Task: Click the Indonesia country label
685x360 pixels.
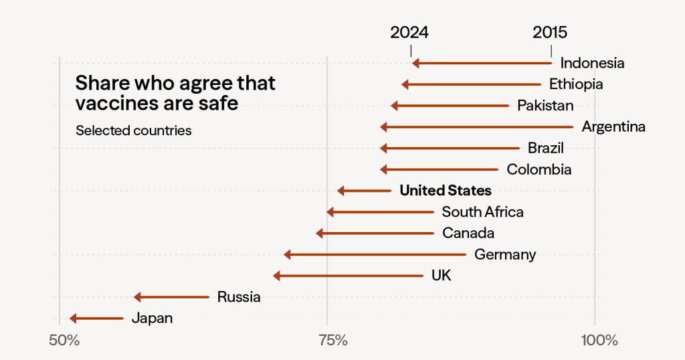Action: (x=592, y=64)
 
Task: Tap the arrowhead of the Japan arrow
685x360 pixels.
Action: (x=73, y=319)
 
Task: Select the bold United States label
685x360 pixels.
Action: (x=446, y=191)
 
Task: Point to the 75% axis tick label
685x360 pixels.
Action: (x=332, y=340)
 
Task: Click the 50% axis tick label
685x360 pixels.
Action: (x=64, y=340)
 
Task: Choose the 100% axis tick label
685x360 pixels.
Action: (x=599, y=340)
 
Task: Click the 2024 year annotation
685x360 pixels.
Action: (x=409, y=32)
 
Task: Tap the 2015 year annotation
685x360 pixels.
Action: (x=550, y=32)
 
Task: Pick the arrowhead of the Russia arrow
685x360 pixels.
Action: (x=137, y=297)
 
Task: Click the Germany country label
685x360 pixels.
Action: (x=505, y=254)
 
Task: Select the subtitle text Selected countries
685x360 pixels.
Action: (x=134, y=130)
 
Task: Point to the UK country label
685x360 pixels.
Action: (x=441, y=276)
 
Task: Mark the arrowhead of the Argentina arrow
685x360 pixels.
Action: (x=383, y=127)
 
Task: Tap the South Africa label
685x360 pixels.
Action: (x=482, y=212)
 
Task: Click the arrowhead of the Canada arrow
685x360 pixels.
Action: (x=319, y=234)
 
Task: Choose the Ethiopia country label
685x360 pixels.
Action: (x=576, y=84)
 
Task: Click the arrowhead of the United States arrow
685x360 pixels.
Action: (x=340, y=191)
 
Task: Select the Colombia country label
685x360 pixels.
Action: (x=539, y=169)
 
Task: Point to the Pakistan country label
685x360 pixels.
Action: (x=545, y=106)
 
